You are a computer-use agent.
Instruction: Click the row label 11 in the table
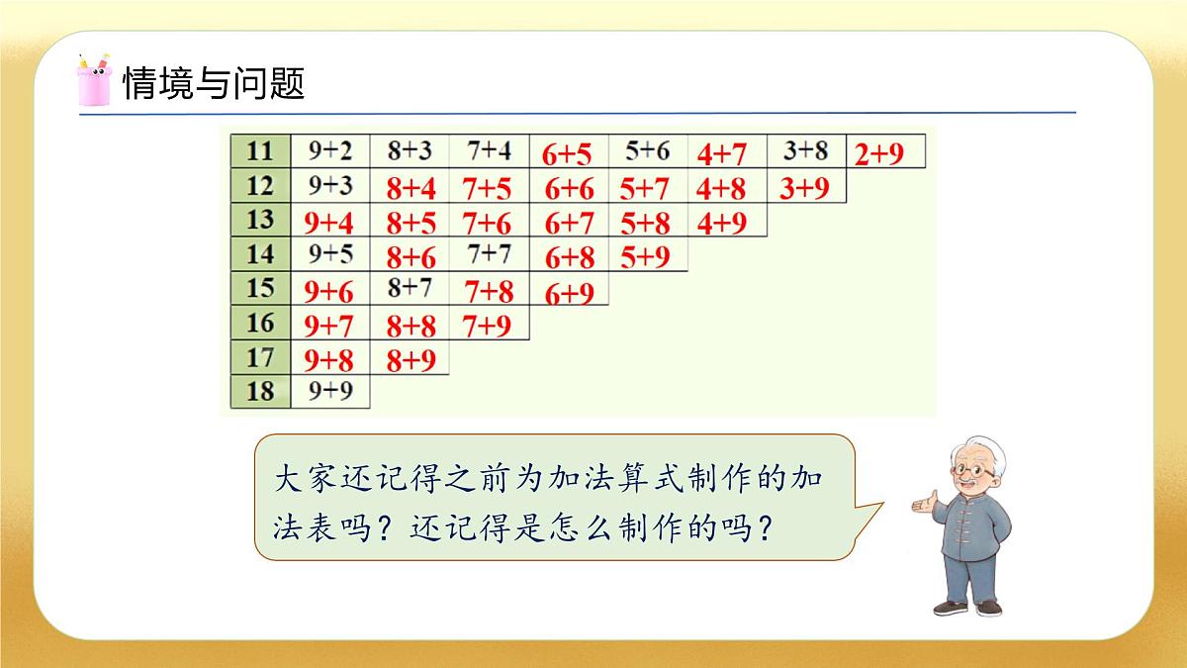[x=259, y=150]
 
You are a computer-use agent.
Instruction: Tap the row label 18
[x=259, y=390]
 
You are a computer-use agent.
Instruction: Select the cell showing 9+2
[x=329, y=150]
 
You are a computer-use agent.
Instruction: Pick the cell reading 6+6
[x=568, y=188]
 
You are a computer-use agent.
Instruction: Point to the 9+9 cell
[x=329, y=390]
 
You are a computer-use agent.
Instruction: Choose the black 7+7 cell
[x=490, y=254]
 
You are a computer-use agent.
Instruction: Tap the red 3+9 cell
[x=804, y=188]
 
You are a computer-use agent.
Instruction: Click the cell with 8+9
[x=411, y=359]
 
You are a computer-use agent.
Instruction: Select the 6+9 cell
[x=568, y=293]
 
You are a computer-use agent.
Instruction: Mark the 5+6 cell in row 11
[x=647, y=150]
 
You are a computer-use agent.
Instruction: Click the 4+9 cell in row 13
[x=722, y=223]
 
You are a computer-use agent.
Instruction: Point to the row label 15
[x=259, y=289]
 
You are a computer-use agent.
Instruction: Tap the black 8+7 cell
[x=411, y=288]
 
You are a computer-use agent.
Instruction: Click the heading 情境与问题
[x=213, y=83]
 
